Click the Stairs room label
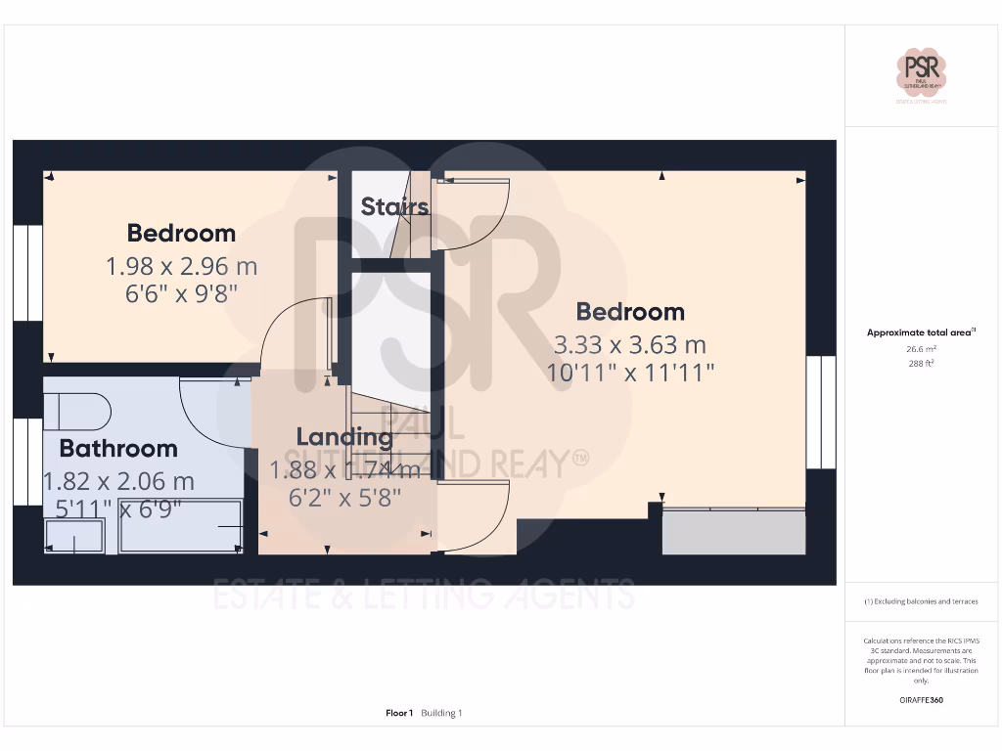click(x=394, y=206)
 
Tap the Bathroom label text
click(x=118, y=449)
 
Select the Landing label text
click(x=344, y=437)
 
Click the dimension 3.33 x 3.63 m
click(x=629, y=344)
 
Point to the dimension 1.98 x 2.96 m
click(x=181, y=266)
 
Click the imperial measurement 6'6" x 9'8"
click(x=182, y=293)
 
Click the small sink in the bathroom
click(x=75, y=536)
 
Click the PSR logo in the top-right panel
click(x=923, y=75)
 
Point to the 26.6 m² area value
click(x=921, y=348)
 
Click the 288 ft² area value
click(x=921, y=363)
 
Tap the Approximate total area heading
click(x=921, y=332)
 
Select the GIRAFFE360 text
click(x=921, y=700)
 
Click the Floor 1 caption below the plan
click(x=399, y=713)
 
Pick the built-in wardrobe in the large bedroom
click(x=734, y=532)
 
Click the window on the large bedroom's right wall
click(x=820, y=412)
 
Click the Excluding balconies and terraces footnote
click(x=921, y=601)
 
